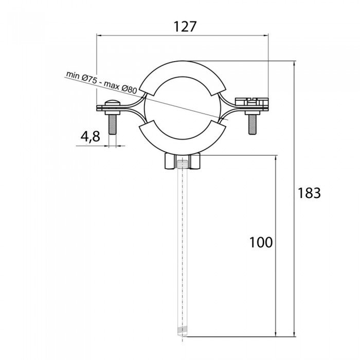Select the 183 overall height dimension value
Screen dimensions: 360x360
(309, 193)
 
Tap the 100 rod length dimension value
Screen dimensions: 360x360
(261, 242)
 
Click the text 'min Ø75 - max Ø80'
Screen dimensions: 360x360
(101, 82)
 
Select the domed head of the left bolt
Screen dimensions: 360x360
(113, 103)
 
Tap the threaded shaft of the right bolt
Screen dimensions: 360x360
(253, 124)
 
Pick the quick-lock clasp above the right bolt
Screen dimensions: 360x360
(252, 101)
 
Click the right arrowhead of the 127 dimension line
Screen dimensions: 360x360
(266, 35)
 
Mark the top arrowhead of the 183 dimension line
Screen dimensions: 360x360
(295, 64)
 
